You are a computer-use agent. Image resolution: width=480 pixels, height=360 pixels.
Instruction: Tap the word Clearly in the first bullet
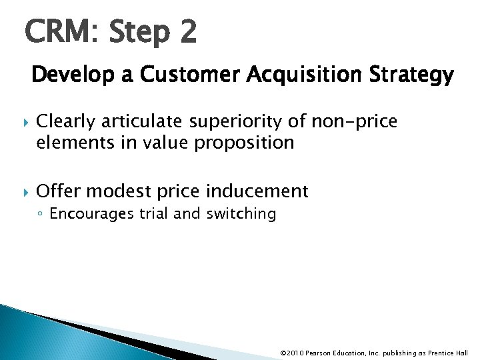(64, 121)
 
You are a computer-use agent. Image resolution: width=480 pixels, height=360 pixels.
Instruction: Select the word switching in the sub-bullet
(244, 214)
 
